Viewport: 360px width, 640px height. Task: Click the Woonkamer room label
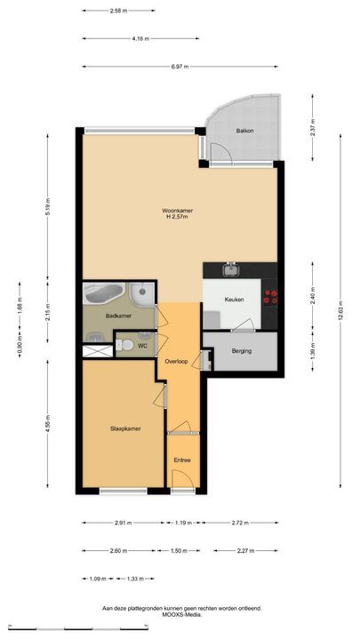(177, 211)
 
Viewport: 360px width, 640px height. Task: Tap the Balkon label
(245, 131)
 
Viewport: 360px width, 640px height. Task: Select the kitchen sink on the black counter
(231, 269)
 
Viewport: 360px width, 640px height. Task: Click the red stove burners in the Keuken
(270, 297)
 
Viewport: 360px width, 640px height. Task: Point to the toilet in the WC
(124, 346)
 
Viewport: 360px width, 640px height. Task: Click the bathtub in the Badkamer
(104, 293)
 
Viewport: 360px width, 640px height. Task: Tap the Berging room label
(242, 350)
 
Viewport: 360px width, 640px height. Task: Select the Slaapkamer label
(125, 428)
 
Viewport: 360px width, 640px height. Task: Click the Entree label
(182, 460)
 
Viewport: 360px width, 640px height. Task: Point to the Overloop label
(176, 361)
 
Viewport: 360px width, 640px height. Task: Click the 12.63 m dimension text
(340, 310)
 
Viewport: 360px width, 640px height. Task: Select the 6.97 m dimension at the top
(180, 67)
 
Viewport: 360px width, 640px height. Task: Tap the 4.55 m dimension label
(48, 423)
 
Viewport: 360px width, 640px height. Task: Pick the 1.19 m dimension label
(183, 523)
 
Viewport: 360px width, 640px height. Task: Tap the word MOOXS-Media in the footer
(182, 614)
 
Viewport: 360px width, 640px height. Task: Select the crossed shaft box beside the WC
(97, 351)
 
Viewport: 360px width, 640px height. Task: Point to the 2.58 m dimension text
(118, 11)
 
